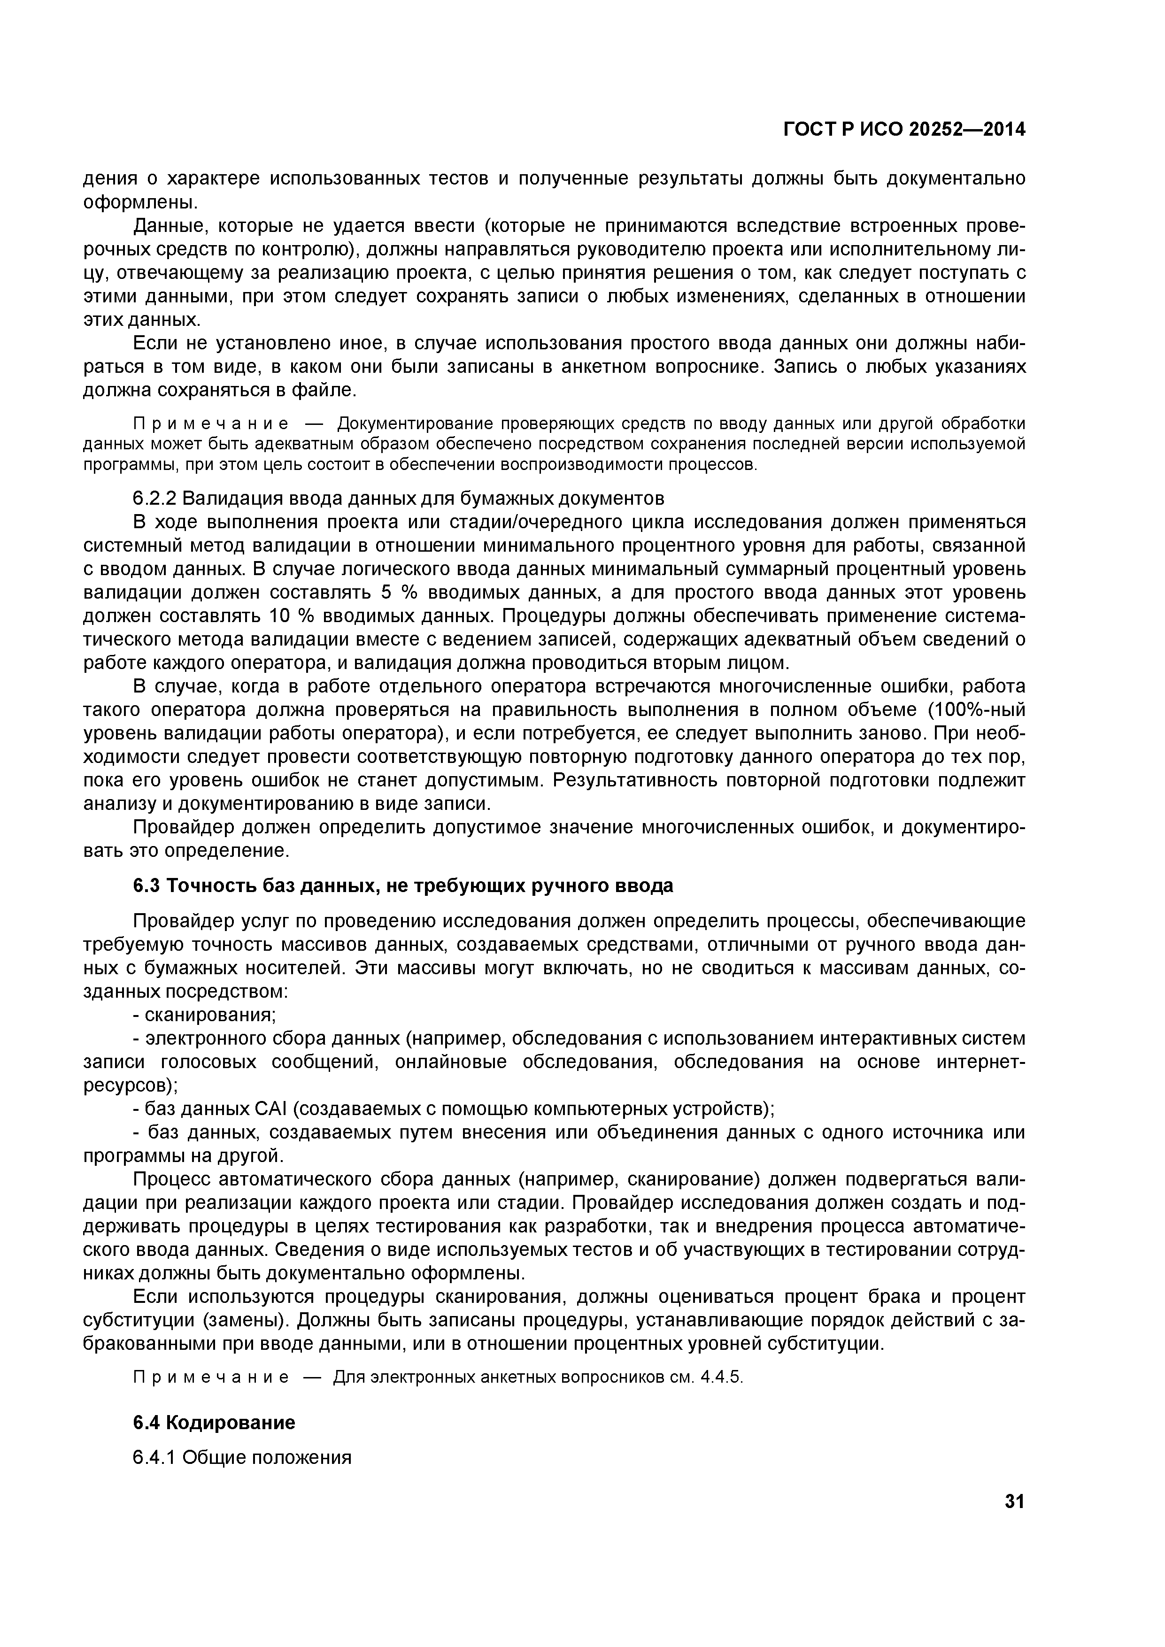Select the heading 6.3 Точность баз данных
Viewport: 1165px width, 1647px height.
click(403, 886)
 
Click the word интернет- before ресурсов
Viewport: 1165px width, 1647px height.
click(980, 1062)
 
